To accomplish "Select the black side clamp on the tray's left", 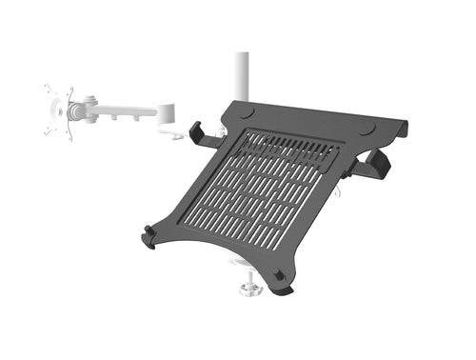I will pyautogui.click(x=201, y=134).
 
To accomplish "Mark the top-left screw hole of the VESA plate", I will pyautogui.click(x=49, y=91).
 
